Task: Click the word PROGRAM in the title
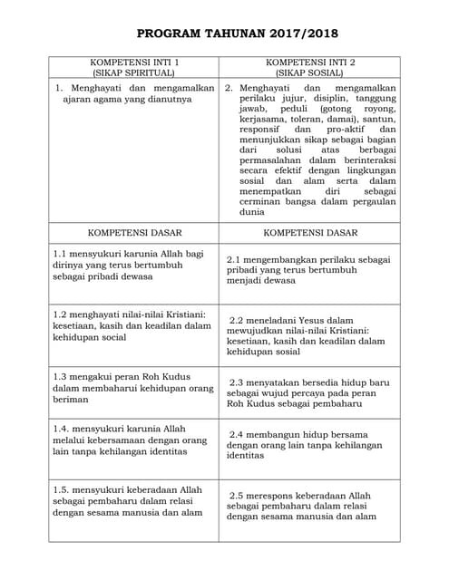[x=170, y=34]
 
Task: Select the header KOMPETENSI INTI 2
[x=310, y=62]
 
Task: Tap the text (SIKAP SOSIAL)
[x=310, y=72]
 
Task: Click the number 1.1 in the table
[x=61, y=254]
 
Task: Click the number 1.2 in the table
[x=61, y=314]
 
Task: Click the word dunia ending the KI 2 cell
[x=251, y=212]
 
